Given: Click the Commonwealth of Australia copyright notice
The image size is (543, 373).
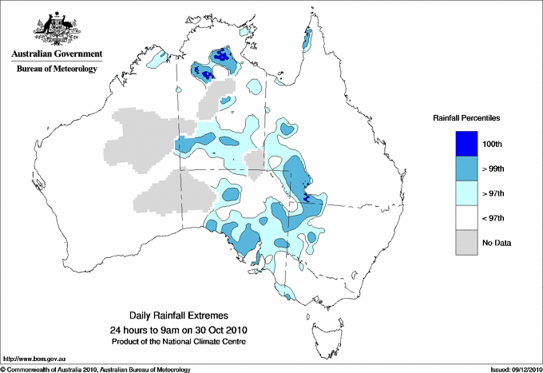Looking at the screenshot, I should click(96, 369).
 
